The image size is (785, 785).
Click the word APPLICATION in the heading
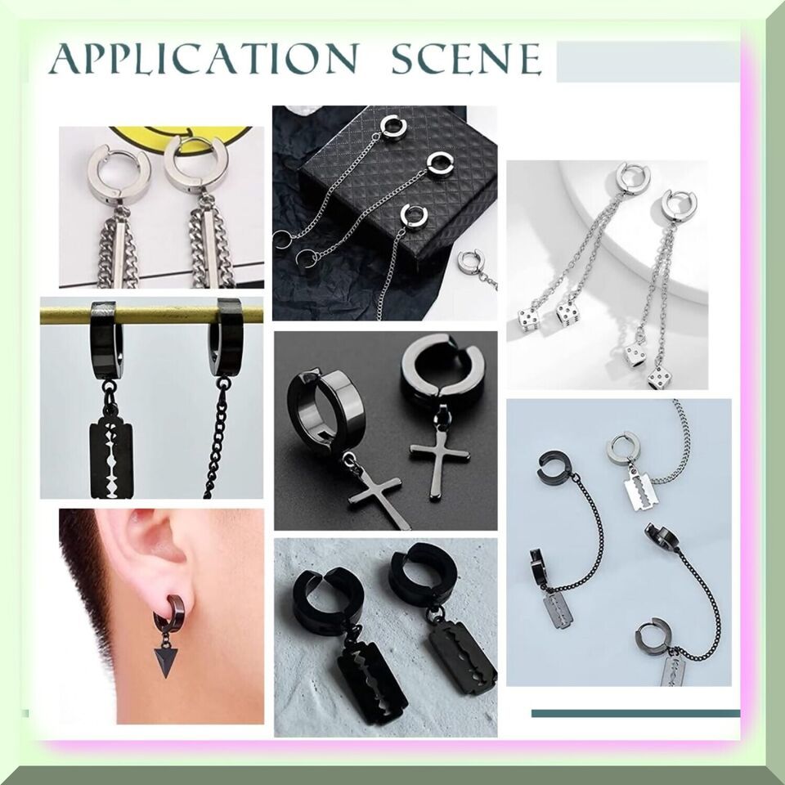pyautogui.click(x=204, y=59)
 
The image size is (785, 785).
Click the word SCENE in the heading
pyautogui.click(x=466, y=59)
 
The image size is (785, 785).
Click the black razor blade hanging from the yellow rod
pyautogui.click(x=112, y=460)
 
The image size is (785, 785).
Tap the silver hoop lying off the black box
pyautogui.click(x=469, y=261)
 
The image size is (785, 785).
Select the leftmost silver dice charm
pyautogui.click(x=529, y=320)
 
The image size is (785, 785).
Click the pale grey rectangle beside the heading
pyautogui.click(x=648, y=61)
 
